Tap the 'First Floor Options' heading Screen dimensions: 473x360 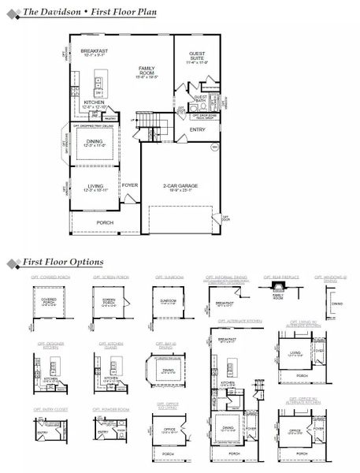click(63, 262)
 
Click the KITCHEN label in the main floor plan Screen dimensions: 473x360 click(94, 102)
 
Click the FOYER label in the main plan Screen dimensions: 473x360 click(129, 185)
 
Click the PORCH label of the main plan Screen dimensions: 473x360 click(105, 222)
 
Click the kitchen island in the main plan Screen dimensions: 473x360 click(101, 82)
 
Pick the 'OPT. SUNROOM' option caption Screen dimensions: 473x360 click(169, 277)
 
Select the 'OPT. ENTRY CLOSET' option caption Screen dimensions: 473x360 click(49, 409)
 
